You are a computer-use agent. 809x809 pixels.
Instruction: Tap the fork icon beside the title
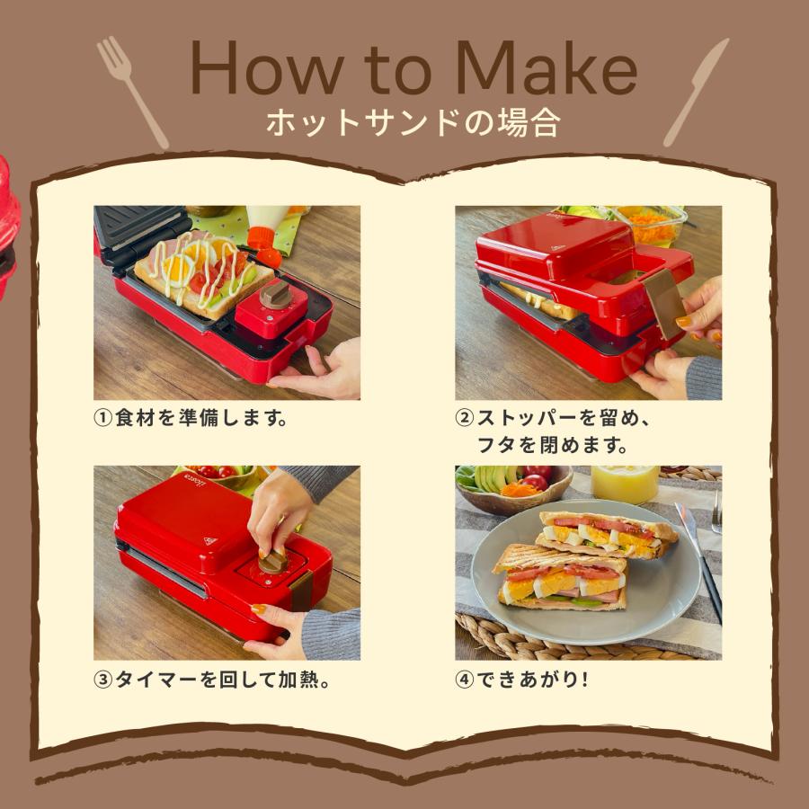[132, 91]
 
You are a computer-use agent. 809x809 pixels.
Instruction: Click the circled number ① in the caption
[103, 420]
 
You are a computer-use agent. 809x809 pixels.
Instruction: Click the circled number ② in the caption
[465, 420]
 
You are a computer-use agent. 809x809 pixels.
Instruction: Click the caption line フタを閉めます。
[553, 446]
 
